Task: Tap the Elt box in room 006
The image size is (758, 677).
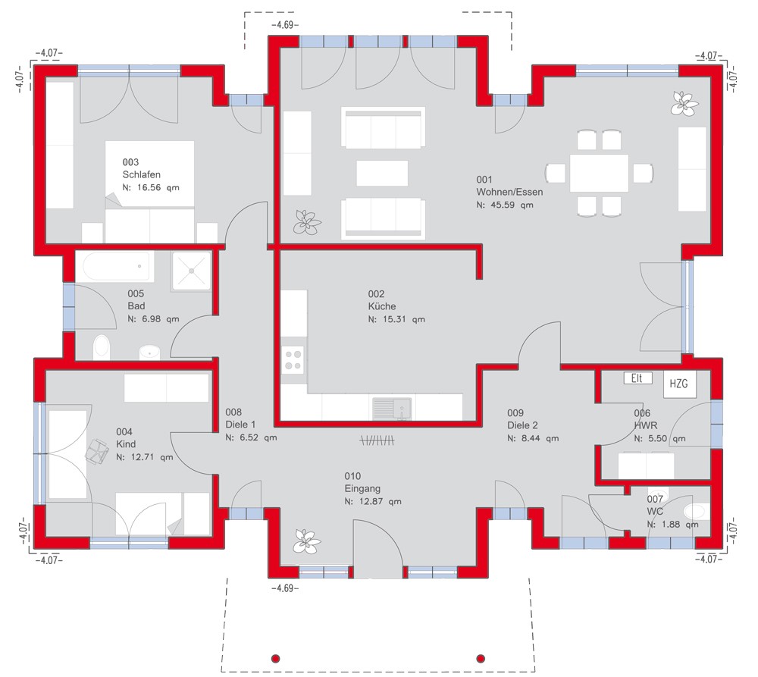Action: [x=637, y=378]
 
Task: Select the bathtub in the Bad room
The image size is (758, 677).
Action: [x=118, y=266]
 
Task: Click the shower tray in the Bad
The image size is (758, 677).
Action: [x=191, y=271]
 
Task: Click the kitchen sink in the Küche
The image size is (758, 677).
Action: [x=392, y=408]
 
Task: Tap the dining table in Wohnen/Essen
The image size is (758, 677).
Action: [x=599, y=173]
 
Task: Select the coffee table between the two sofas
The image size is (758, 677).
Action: [x=382, y=173]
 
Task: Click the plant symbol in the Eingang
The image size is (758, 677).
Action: [x=306, y=541]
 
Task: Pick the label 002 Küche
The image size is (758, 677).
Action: [x=382, y=299]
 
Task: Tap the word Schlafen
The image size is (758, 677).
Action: [x=141, y=174]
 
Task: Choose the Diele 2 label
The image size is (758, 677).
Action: [x=522, y=425]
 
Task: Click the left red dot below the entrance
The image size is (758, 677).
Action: [x=276, y=658]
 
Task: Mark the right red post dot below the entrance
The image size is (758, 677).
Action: [x=481, y=658]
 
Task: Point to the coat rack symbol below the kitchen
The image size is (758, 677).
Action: [x=377, y=440]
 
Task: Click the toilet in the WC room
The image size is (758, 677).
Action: [x=697, y=511]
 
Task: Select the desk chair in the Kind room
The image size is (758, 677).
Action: [x=97, y=451]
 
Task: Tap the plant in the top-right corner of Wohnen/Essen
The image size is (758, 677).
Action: [x=684, y=103]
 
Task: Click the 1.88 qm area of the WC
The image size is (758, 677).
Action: [x=672, y=524]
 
